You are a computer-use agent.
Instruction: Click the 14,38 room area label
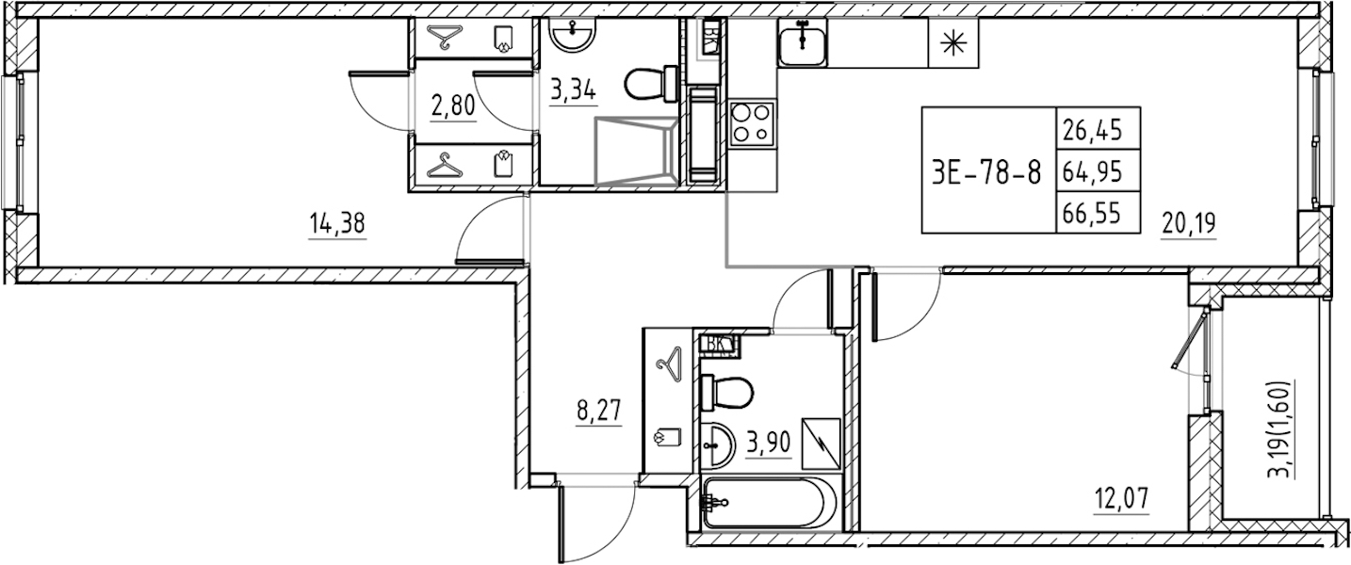point(337,224)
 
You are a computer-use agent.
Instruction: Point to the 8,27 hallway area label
point(177,413)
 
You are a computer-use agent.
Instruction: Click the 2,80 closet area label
point(453,106)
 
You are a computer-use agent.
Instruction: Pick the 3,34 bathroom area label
point(573,90)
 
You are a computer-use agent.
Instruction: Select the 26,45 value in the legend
point(1092,130)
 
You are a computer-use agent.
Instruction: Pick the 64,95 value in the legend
point(1092,171)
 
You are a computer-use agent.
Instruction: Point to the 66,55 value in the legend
point(1092,213)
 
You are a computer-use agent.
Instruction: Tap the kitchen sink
point(802,42)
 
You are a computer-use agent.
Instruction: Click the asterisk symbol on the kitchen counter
point(952,42)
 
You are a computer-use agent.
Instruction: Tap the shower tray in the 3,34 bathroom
point(636,151)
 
